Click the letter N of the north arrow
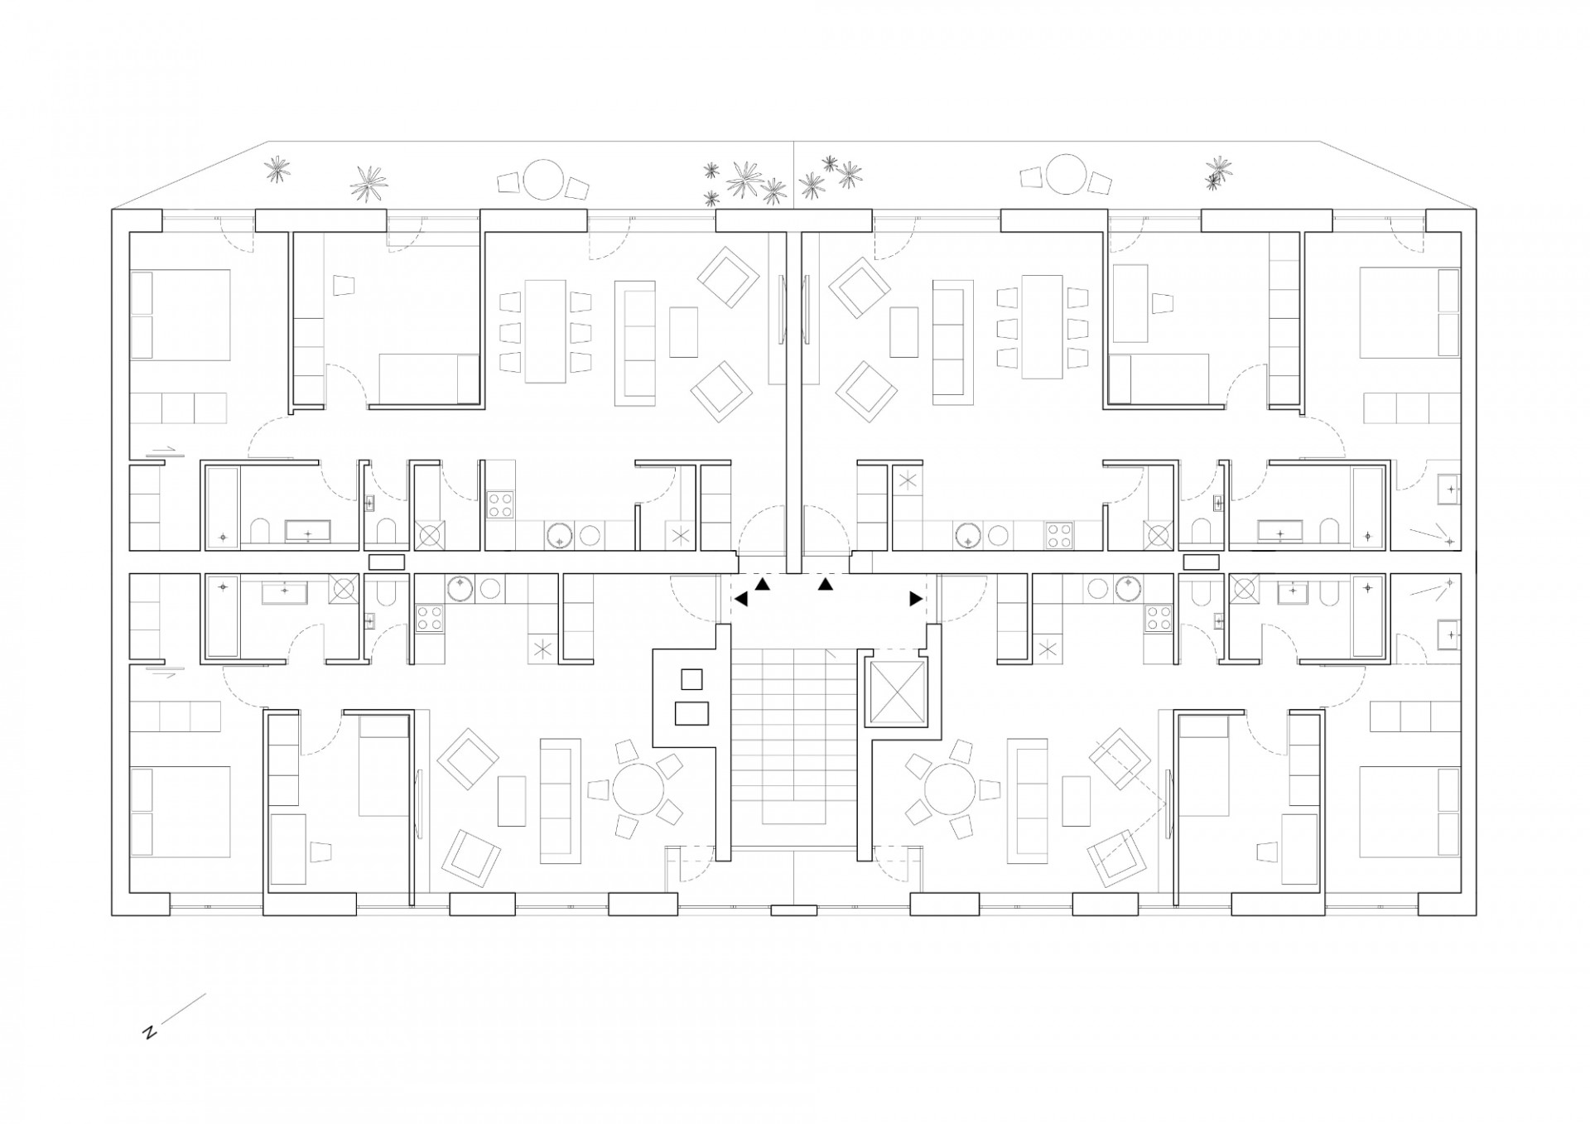pos(150,1033)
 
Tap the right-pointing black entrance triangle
pos(916,598)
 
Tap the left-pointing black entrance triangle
pos(740,599)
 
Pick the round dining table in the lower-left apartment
pos(638,790)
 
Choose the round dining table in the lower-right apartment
pos(952,790)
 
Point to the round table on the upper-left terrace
pos(542,179)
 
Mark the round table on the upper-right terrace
pos(1066,176)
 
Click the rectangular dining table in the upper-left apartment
pos(546,330)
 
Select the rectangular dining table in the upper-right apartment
pos(1043,326)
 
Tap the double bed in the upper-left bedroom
pos(180,314)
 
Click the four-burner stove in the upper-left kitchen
pos(500,504)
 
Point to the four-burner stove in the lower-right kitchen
pos(1158,618)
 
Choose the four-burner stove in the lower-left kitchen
pos(429,618)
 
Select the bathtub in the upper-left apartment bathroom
pos(222,507)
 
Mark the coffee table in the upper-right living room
pos(903,331)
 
